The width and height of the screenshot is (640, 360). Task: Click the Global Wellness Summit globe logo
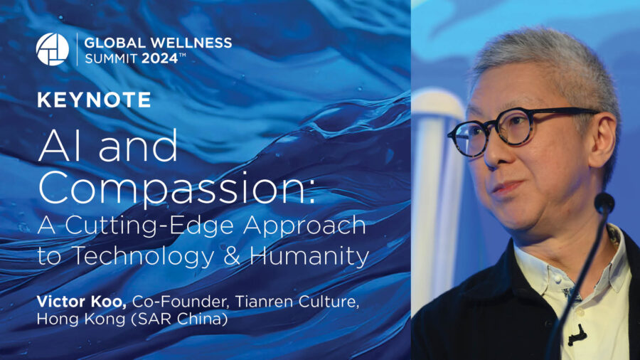[x=52, y=49]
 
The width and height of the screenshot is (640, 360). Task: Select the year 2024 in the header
[x=159, y=59]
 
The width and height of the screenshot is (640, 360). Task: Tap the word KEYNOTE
[x=94, y=100]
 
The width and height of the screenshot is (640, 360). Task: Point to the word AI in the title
[x=65, y=146]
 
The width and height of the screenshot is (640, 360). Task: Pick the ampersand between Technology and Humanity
[x=232, y=256]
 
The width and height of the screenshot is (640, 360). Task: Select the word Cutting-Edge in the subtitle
[x=152, y=226]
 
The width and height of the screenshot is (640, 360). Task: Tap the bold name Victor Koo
[x=81, y=302]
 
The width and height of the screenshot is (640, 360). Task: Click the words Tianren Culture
[x=297, y=302]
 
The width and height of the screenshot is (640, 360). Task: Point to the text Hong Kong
[x=81, y=319]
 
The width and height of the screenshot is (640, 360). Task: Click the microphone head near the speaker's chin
[x=604, y=203]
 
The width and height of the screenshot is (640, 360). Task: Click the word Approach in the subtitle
[x=304, y=226]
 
